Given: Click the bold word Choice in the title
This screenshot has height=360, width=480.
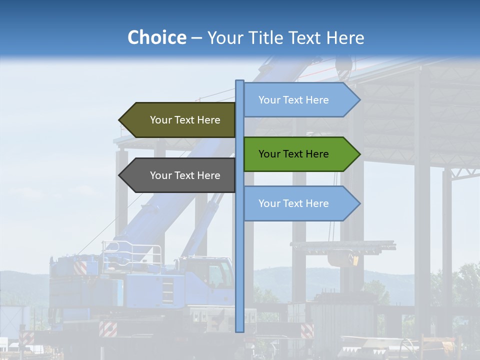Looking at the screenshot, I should tap(156, 38).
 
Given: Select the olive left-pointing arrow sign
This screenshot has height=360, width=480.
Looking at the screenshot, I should tap(180, 120).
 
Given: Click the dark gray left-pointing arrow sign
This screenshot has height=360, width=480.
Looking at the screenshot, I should tap(180, 175).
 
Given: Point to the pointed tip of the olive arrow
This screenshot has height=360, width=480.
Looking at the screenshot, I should tap(120, 120).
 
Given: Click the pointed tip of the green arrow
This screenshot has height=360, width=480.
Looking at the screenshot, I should tap(359, 154).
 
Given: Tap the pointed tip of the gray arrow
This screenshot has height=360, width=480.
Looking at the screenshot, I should tap(120, 175).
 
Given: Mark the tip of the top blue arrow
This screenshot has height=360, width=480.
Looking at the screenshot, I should tap(359, 100).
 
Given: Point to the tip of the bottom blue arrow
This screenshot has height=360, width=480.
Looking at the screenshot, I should tap(359, 203).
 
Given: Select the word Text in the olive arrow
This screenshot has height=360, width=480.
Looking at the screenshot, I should tap(185, 120).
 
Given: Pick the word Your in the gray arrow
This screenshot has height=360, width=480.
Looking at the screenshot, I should tap(160, 175).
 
